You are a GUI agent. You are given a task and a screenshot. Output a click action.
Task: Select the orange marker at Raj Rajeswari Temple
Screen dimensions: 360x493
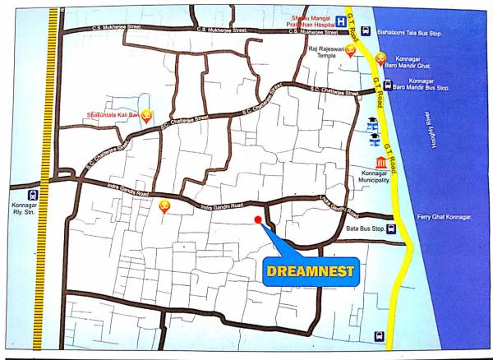[351, 52]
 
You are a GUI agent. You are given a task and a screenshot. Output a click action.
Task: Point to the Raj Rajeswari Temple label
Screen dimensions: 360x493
[322, 54]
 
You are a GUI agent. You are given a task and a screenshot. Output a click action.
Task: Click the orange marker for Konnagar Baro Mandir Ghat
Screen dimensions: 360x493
[380, 58]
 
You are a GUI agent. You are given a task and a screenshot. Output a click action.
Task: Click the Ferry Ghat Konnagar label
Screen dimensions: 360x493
[445, 216]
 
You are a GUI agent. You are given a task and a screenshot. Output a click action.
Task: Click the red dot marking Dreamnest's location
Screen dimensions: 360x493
[258, 219]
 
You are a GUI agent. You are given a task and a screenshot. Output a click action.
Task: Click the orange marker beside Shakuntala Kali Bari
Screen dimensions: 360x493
[146, 116]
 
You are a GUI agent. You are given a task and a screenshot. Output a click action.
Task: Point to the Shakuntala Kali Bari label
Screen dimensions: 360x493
[113, 115]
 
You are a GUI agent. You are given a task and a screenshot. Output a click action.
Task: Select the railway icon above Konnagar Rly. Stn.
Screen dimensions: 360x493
[30, 196]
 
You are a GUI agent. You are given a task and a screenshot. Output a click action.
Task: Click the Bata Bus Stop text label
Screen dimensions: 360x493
[366, 229]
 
